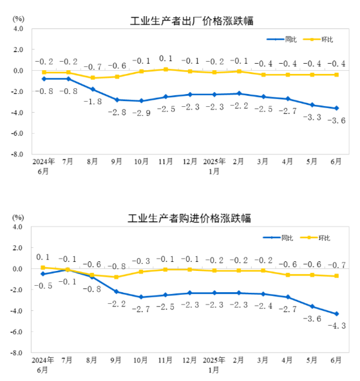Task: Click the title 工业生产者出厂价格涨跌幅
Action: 192,21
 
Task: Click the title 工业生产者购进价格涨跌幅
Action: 189,218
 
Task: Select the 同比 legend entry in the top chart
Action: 281,39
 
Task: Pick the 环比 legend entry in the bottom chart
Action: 316,237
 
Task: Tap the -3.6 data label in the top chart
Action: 336,120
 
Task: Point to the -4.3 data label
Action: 337,326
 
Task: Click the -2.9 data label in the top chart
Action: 142,113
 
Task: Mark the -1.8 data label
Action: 93,101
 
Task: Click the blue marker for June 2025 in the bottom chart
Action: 337,314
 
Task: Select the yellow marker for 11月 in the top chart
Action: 166,70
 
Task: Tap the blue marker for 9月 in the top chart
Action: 117,100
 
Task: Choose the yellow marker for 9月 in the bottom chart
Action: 116,277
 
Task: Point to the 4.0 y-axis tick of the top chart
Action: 18,29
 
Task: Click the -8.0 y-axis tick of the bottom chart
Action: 17,353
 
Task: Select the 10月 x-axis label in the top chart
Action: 141,162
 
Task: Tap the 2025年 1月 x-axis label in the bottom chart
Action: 214,365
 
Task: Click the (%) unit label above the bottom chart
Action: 18,218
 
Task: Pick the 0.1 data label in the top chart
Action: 166,59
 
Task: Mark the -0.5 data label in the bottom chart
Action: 43,286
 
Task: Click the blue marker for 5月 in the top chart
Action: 312,105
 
